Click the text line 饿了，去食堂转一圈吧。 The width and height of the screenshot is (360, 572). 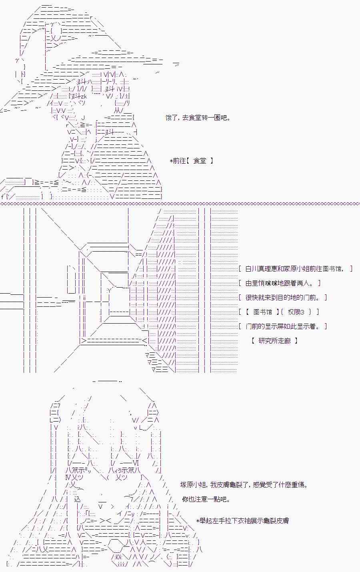pos(198,118)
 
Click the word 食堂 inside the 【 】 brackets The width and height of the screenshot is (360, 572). pos(200,161)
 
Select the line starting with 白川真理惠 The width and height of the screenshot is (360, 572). pos(295,269)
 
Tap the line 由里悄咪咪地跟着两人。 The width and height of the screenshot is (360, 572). pos(279,283)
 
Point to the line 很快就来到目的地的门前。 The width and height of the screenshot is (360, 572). pos(282,297)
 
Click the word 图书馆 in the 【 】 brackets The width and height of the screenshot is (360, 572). pos(263,312)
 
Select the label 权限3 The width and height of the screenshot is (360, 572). pos(296,312)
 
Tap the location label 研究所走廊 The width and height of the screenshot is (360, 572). pos(274,341)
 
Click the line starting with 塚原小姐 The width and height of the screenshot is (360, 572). pos(244,484)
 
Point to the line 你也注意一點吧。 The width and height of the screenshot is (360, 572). pos(206,499)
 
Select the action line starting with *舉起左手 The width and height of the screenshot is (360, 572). pos(242,520)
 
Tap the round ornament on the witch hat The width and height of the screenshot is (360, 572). pos(57,32)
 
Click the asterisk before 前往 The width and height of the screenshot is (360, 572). pos(171,161)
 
